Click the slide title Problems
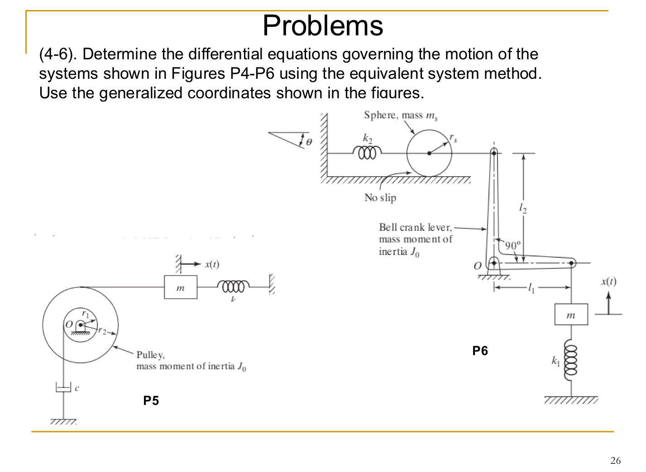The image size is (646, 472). tap(323, 25)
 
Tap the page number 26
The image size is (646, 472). tap(615, 461)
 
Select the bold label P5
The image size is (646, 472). tap(151, 400)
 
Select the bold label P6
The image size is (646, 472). tap(480, 351)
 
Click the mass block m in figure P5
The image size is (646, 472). tap(181, 287)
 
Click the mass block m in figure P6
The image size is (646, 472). tap(571, 315)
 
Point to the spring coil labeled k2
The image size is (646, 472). tap(367, 153)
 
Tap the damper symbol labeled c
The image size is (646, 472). tap(64, 388)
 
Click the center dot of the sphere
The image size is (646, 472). tap(429, 153)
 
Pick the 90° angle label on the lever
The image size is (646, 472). tap(513, 246)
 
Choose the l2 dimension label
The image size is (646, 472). tap(523, 208)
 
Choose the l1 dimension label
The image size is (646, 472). tap(531, 288)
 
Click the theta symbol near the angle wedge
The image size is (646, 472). tap(309, 142)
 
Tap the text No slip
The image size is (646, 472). tap(380, 197)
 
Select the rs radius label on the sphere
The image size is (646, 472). tap(453, 138)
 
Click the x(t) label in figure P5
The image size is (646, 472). tap(212, 264)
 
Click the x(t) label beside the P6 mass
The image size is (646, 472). tap(608, 281)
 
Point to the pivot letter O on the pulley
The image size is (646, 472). tap(69, 324)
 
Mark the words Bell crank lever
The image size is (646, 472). tap(415, 227)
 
